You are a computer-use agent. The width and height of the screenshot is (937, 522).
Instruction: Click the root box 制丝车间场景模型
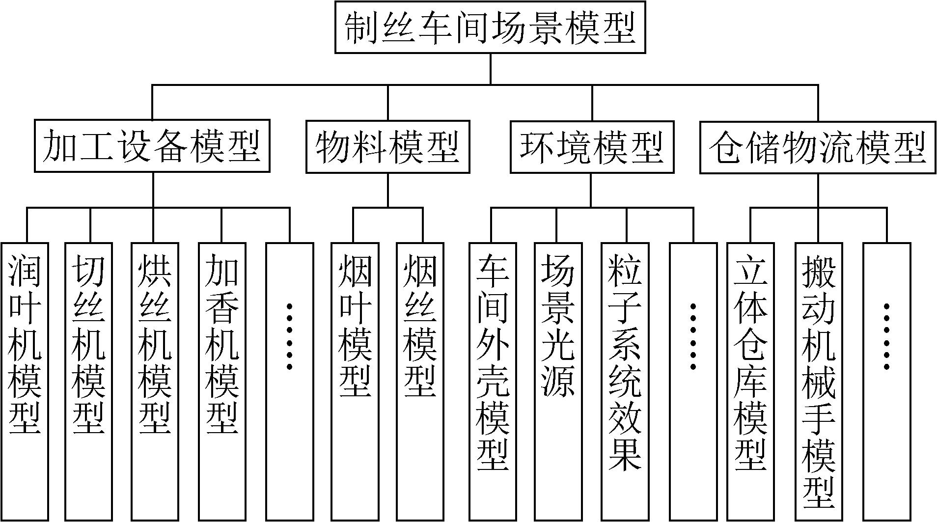[490, 27]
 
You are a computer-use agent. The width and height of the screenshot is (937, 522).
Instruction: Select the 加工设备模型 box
[152, 146]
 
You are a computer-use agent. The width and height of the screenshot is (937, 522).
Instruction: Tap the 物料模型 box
[388, 147]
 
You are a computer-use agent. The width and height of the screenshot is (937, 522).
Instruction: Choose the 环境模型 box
[592, 147]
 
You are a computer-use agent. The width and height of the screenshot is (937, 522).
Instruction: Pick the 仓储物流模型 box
[818, 147]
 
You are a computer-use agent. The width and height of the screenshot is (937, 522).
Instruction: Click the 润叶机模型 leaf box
[25, 382]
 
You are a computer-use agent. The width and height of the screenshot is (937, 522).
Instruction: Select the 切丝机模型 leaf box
[89, 382]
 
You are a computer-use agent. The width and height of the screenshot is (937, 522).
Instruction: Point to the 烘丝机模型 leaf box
[155, 382]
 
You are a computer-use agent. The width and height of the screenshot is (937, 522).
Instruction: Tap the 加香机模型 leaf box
[221, 382]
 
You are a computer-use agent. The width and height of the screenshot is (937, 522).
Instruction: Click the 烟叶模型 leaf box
[355, 382]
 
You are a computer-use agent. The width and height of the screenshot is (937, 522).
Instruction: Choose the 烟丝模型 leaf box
[420, 382]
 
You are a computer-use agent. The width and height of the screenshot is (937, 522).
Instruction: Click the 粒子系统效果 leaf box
[625, 382]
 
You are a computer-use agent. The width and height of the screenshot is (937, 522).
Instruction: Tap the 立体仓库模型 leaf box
[750, 382]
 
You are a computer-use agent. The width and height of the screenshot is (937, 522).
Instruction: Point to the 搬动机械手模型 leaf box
[819, 382]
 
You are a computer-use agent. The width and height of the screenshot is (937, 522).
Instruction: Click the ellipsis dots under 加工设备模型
[289, 336]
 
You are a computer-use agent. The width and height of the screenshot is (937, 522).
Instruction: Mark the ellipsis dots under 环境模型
[693, 336]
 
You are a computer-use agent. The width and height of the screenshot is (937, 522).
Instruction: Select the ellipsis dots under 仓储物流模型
[886, 336]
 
